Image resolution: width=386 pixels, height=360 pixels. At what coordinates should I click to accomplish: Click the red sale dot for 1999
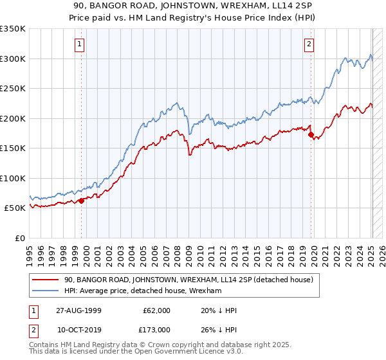tap(82, 201)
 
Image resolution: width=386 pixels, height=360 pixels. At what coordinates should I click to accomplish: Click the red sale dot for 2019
tap(311, 135)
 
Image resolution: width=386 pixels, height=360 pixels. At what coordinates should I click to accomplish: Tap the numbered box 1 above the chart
tap(79, 44)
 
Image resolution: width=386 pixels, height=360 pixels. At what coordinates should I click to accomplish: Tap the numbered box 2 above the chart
tap(309, 44)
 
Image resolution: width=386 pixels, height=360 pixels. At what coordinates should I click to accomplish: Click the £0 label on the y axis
tap(19, 238)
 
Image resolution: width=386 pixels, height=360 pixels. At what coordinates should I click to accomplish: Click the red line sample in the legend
tap(46, 280)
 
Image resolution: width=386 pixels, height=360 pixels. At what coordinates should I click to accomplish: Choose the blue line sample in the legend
tap(46, 291)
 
